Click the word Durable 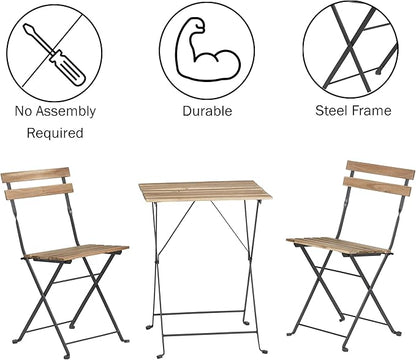(207, 112)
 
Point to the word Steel (335, 112)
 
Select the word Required (54, 133)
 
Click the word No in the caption (24, 112)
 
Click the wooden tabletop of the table (206, 190)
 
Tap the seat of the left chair (78, 252)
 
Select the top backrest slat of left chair (35, 176)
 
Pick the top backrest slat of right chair (379, 170)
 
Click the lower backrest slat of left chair (38, 191)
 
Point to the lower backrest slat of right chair (376, 186)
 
